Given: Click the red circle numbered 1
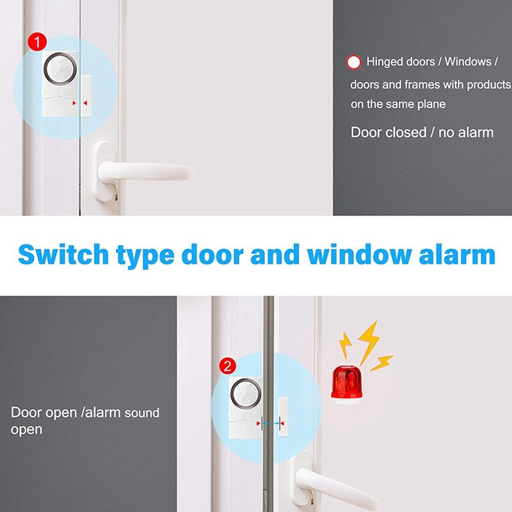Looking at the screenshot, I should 38,42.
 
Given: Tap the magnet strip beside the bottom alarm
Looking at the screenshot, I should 284,423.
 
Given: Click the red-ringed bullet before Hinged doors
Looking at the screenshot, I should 353,62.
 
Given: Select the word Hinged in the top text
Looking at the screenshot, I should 385,62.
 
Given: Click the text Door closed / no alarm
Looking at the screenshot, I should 422,132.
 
